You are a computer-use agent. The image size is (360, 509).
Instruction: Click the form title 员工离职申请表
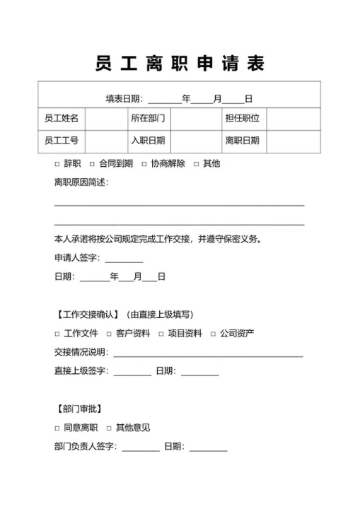tap(180, 64)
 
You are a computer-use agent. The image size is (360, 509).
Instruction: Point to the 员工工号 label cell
tap(62, 141)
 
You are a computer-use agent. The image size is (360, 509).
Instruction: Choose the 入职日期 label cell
tap(148, 141)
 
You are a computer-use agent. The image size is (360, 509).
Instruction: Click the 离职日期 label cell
tap(242, 141)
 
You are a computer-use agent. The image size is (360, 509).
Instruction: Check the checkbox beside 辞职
tap(57, 164)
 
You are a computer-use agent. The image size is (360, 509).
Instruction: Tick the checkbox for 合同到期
tap(92, 164)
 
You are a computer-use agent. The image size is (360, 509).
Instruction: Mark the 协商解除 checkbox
tap(144, 164)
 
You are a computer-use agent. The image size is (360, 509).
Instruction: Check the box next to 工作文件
tap(57, 334)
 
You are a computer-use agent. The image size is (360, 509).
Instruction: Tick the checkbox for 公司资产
tap(213, 334)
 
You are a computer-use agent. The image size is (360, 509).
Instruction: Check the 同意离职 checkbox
tap(57, 428)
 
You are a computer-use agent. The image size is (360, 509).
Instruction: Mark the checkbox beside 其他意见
tap(109, 428)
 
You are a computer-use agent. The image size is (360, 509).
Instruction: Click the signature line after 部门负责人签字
tap(141, 448)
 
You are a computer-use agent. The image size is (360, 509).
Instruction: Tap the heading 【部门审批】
tap(79, 409)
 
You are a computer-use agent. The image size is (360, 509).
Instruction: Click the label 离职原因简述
tap(81, 183)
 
